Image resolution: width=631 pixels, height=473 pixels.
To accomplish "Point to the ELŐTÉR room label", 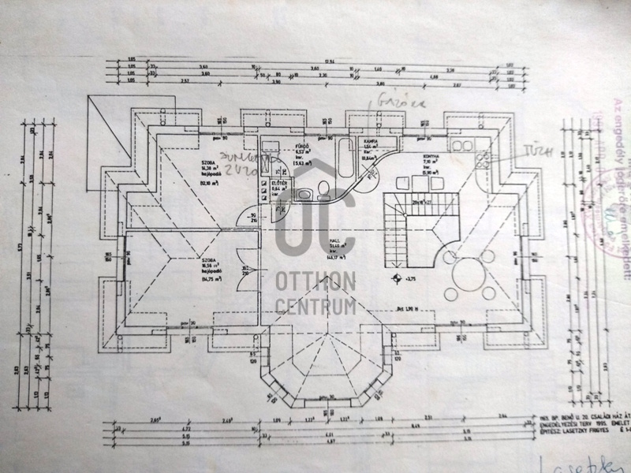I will click(x=278, y=183).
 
